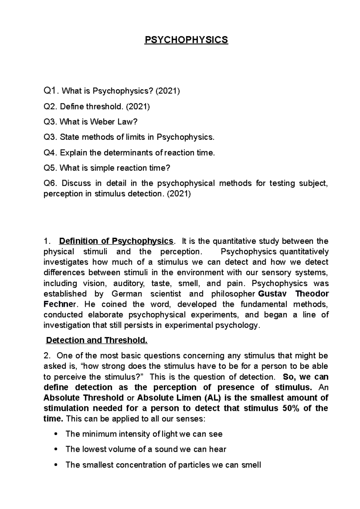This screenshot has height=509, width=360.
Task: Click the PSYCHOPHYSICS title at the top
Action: pyautogui.click(x=186, y=40)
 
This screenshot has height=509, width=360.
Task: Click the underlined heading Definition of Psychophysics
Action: pyautogui.click(x=116, y=241)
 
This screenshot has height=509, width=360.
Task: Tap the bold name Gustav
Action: pyautogui.click(x=272, y=294)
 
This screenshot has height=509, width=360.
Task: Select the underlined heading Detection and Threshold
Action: pyautogui.click(x=97, y=341)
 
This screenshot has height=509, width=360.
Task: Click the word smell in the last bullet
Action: pyautogui.click(x=251, y=465)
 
